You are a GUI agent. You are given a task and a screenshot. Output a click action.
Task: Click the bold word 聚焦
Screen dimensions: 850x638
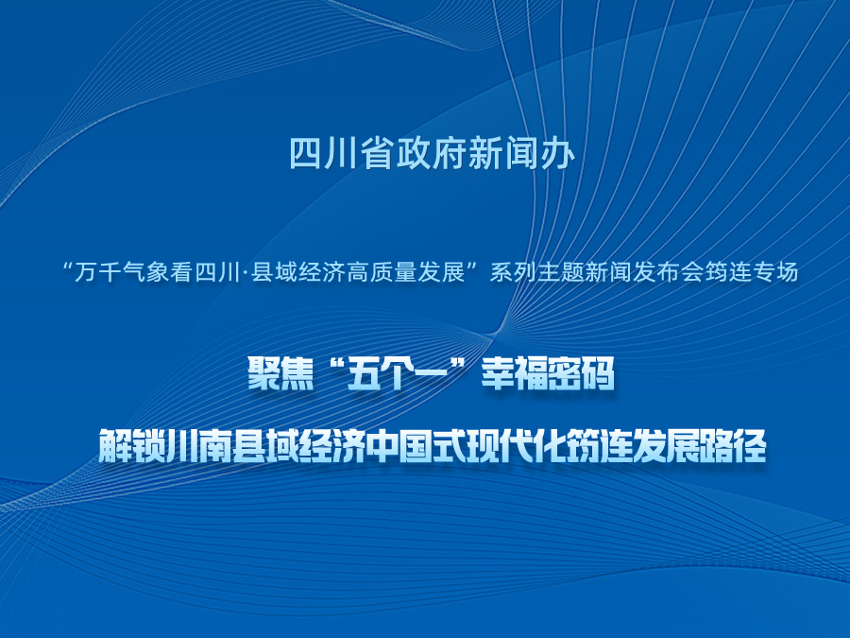280,373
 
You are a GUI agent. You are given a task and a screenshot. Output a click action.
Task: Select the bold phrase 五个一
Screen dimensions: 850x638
397,373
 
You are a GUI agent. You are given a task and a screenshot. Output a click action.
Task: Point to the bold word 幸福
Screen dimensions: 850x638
515,373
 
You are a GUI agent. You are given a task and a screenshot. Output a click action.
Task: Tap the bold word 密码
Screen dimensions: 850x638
582,373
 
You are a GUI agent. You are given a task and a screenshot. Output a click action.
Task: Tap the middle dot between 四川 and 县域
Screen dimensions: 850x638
245,273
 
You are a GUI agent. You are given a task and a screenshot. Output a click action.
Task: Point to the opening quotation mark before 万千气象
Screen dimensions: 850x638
68,267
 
